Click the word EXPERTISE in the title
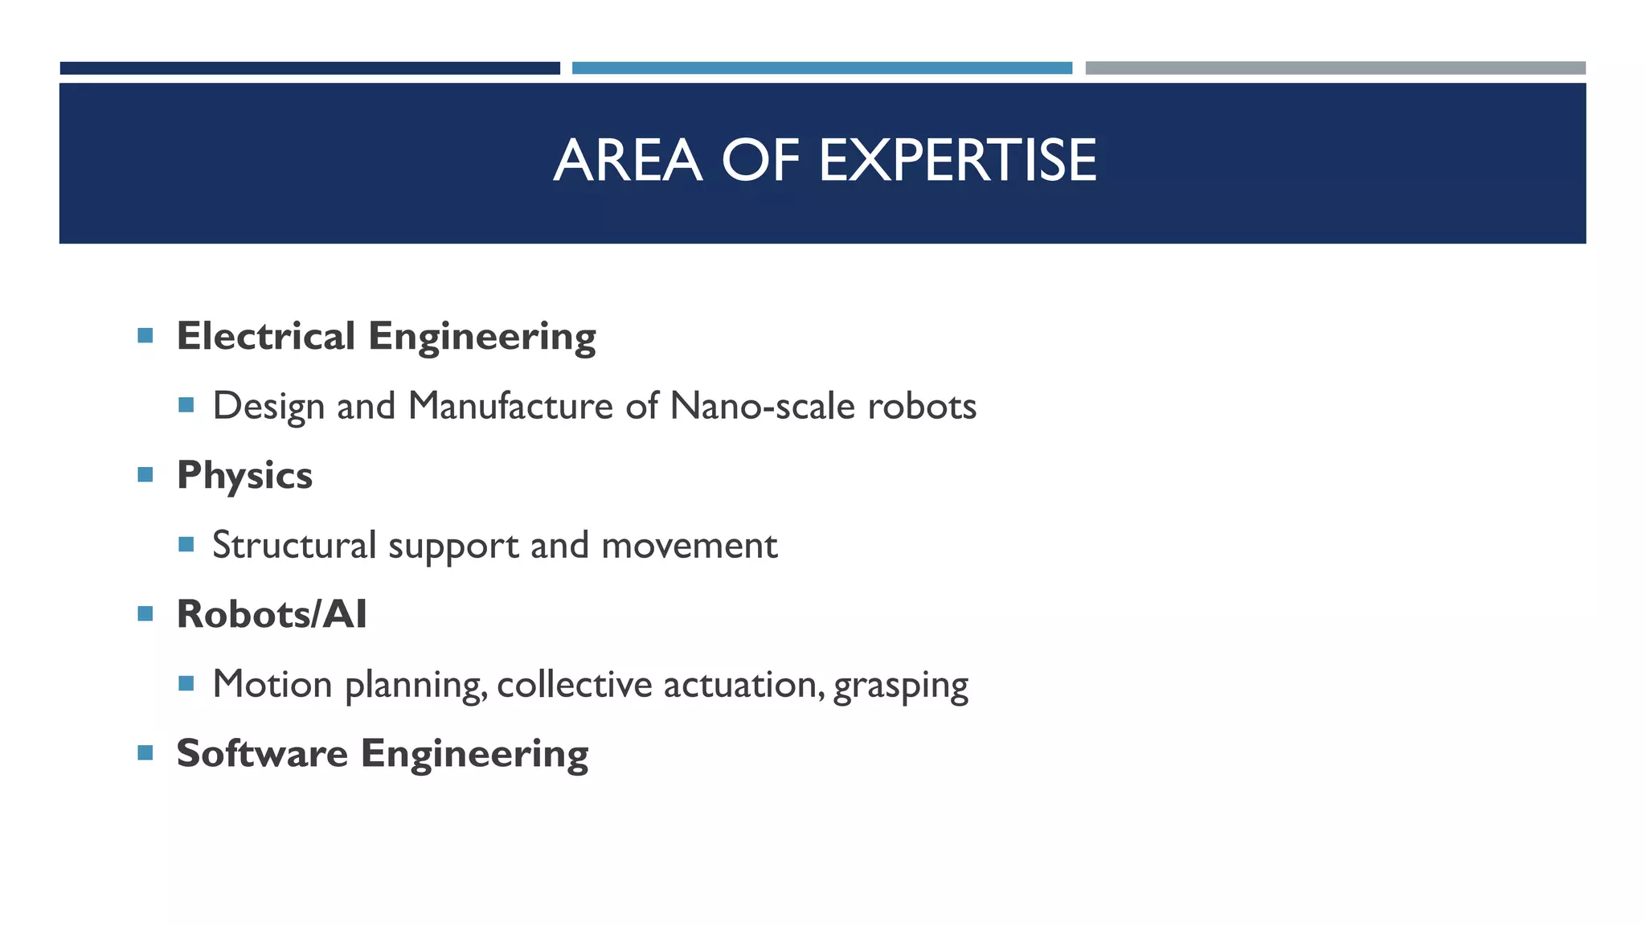tap(957, 160)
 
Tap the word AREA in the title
tap(628, 160)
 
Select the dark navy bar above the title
tap(309, 68)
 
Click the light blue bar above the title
tap(821, 68)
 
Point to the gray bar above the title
tap(1335, 68)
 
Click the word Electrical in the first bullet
tap(265, 335)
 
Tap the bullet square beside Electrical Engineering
tap(145, 335)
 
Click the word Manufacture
tap(510, 405)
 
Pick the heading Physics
tap(244, 475)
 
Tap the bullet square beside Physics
tap(145, 474)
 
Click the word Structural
tap(294, 545)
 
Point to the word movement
tap(689, 545)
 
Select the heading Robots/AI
tap(272, 614)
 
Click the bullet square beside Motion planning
tap(186, 683)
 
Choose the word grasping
tap(900, 686)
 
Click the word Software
tap(262, 753)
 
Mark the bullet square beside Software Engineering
tap(145, 753)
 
